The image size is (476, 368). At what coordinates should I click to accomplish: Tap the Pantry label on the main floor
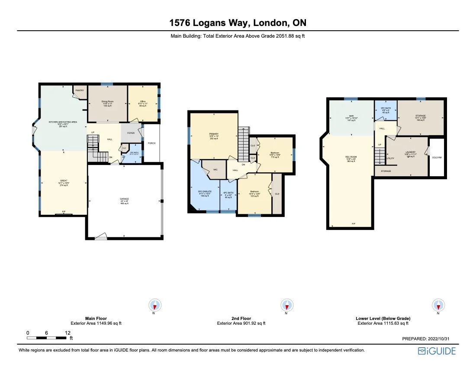(x=80, y=90)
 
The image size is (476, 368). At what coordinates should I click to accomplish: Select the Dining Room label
(x=107, y=103)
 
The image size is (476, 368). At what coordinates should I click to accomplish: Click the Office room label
(x=143, y=103)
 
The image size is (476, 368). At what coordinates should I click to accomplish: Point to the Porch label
(x=151, y=143)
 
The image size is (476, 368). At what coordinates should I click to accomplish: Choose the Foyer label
(x=131, y=133)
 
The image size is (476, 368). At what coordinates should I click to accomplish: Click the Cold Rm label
(x=437, y=157)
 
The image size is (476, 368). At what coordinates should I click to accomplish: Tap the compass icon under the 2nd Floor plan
(x=286, y=304)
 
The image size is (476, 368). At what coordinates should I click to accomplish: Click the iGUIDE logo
(x=437, y=351)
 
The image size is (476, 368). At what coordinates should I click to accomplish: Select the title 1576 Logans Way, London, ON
(x=238, y=23)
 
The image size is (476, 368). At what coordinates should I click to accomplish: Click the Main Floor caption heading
(x=96, y=318)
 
